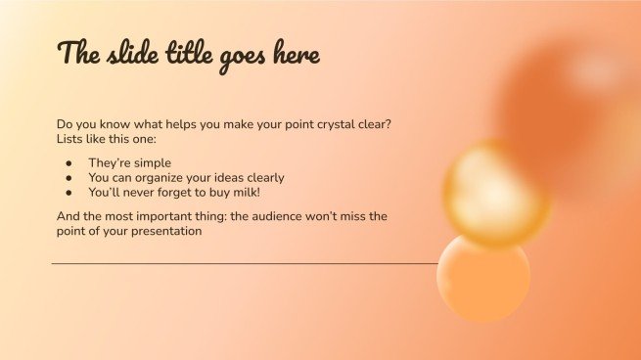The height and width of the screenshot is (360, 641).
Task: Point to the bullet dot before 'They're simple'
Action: pos(69,163)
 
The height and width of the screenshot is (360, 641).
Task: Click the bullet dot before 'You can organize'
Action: pos(69,178)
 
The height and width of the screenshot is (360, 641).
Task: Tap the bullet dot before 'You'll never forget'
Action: pos(69,193)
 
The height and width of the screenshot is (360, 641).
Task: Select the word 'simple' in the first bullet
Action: pos(152,163)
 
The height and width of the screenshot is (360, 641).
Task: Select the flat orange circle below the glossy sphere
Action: pos(483,278)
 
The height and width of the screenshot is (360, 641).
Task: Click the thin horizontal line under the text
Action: pos(245,264)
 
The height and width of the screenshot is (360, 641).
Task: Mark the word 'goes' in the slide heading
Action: pos(238,56)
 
